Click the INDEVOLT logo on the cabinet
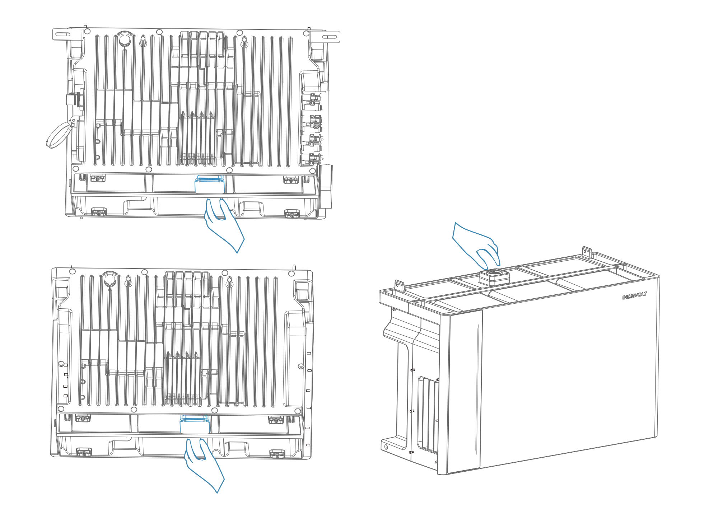click(x=635, y=296)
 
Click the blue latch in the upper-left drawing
click(x=210, y=185)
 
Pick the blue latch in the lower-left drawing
click(x=195, y=425)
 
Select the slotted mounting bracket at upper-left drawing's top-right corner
click(x=325, y=37)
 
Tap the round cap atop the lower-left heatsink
click(x=110, y=279)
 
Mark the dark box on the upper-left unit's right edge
click(x=326, y=186)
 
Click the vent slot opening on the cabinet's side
click(x=428, y=415)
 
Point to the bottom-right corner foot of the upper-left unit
click(x=292, y=214)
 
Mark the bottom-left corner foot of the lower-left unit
click(x=84, y=452)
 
